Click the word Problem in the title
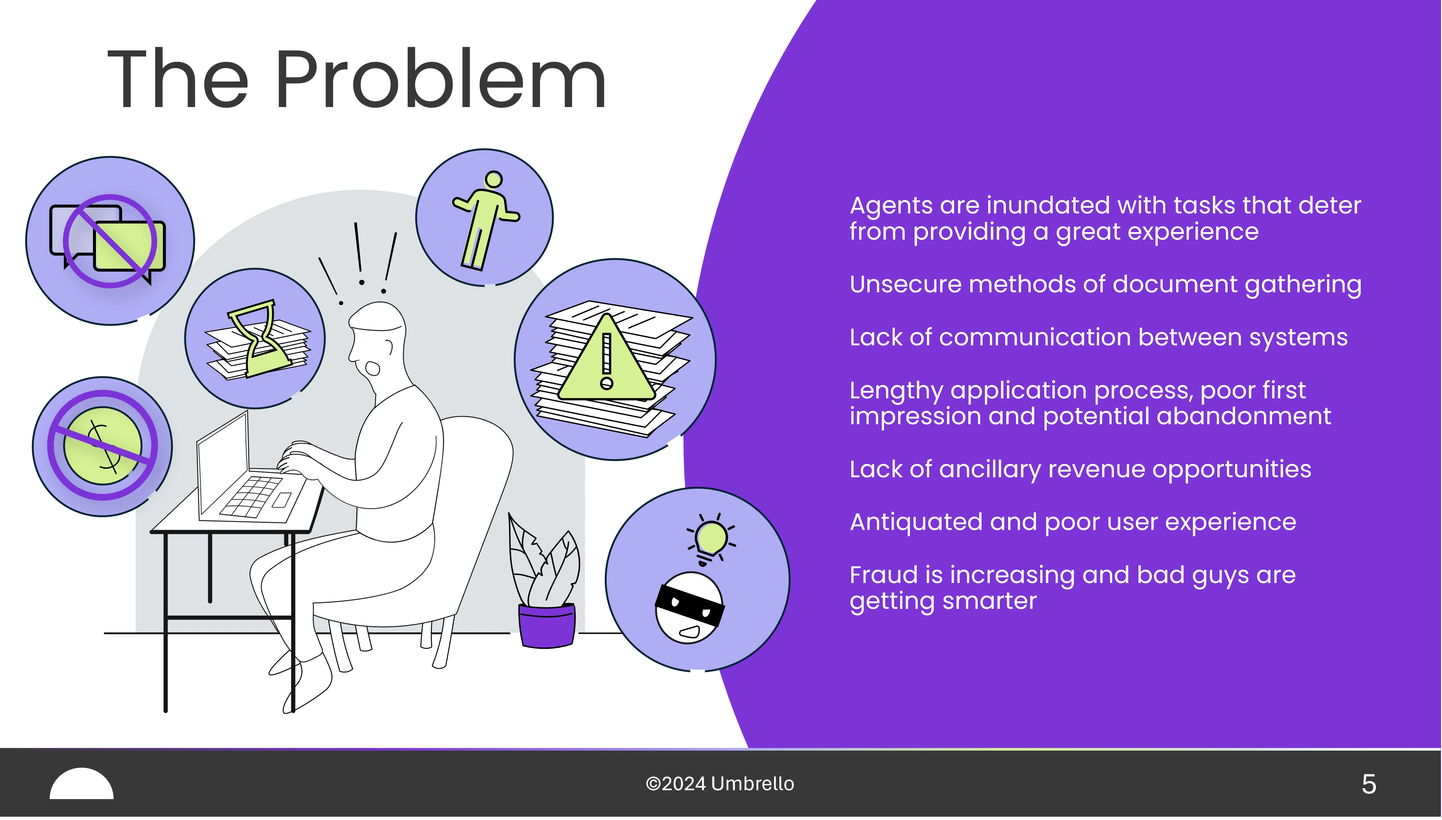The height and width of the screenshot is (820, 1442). pos(440,79)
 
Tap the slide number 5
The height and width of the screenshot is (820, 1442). pos(1369,784)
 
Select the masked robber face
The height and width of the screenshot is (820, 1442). pos(690,608)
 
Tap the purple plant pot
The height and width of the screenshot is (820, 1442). pos(546,625)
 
